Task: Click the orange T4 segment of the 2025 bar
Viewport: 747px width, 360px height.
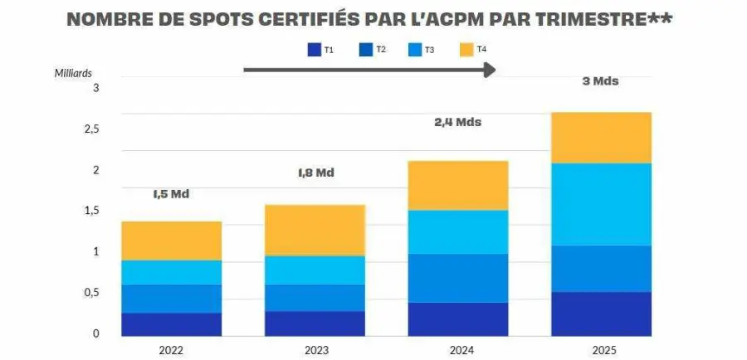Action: click(601, 137)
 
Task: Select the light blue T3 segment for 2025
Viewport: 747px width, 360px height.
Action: click(601, 204)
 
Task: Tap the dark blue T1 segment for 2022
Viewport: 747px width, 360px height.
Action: click(171, 324)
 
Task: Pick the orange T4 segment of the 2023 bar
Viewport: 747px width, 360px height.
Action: click(315, 230)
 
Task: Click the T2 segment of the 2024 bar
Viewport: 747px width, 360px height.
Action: click(458, 278)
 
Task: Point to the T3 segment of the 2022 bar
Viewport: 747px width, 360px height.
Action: click(171, 272)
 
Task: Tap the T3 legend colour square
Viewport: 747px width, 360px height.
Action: click(414, 51)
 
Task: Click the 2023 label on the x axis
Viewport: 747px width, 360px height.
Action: click(315, 350)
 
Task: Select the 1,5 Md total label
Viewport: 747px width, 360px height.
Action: click(171, 194)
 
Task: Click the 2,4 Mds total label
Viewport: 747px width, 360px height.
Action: click(457, 122)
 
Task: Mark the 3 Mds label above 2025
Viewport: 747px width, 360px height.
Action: click(600, 81)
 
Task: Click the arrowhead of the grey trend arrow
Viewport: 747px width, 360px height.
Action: click(490, 70)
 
